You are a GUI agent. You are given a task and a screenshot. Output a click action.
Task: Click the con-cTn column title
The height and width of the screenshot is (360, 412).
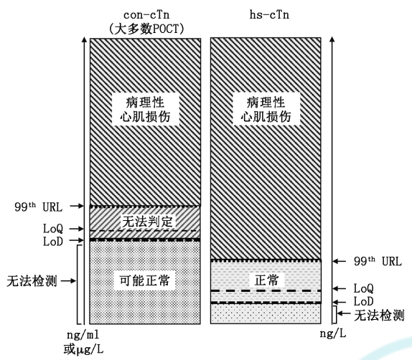pyautogui.click(x=146, y=15)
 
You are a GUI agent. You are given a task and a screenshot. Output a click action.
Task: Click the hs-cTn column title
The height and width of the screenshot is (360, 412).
pyautogui.click(x=269, y=15)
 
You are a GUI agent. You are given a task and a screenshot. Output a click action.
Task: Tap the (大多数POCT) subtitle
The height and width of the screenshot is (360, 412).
pyautogui.click(x=146, y=29)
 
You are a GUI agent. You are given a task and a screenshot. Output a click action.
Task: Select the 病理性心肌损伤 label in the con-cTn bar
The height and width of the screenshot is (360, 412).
pyautogui.click(x=145, y=109)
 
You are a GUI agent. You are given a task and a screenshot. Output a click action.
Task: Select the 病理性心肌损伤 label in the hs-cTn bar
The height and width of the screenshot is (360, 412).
pyautogui.click(x=266, y=109)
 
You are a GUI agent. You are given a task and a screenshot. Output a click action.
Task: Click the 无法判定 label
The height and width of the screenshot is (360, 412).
pyautogui.click(x=147, y=222)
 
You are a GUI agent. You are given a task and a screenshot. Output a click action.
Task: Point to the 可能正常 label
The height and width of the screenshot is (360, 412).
pyautogui.click(x=144, y=280)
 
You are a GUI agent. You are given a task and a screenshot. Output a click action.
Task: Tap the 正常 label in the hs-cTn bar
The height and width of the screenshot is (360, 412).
pyautogui.click(x=266, y=280)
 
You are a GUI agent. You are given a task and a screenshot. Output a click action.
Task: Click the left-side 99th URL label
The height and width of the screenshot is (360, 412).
pyautogui.click(x=39, y=207)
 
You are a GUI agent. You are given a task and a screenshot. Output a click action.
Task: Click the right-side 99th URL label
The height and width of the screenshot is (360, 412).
pyautogui.click(x=378, y=261)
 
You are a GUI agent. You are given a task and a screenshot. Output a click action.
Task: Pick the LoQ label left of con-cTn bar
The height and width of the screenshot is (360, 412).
pyautogui.click(x=53, y=229)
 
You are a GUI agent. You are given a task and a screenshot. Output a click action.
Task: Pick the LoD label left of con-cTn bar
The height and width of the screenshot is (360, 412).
pyautogui.click(x=53, y=241)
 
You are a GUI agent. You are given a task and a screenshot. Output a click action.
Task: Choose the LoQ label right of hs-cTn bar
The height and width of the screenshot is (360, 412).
pyautogui.click(x=363, y=288)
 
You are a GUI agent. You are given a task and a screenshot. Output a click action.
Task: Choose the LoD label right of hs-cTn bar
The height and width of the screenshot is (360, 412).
pyautogui.click(x=363, y=301)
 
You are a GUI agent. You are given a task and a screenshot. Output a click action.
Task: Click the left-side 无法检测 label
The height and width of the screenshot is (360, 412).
pyautogui.click(x=32, y=281)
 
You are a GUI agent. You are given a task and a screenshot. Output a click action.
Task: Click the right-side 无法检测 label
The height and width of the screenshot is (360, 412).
pyautogui.click(x=379, y=315)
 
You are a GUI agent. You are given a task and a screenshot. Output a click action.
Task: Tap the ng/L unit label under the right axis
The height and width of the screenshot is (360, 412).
pyautogui.click(x=333, y=333)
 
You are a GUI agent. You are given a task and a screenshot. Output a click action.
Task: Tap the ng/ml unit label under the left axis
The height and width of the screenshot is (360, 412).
pyautogui.click(x=83, y=335)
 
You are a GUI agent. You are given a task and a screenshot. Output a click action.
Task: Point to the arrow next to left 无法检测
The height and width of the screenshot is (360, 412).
pyautogui.click(x=68, y=281)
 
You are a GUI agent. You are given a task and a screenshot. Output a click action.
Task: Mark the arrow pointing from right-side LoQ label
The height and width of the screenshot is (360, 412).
pyautogui.click(x=340, y=288)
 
